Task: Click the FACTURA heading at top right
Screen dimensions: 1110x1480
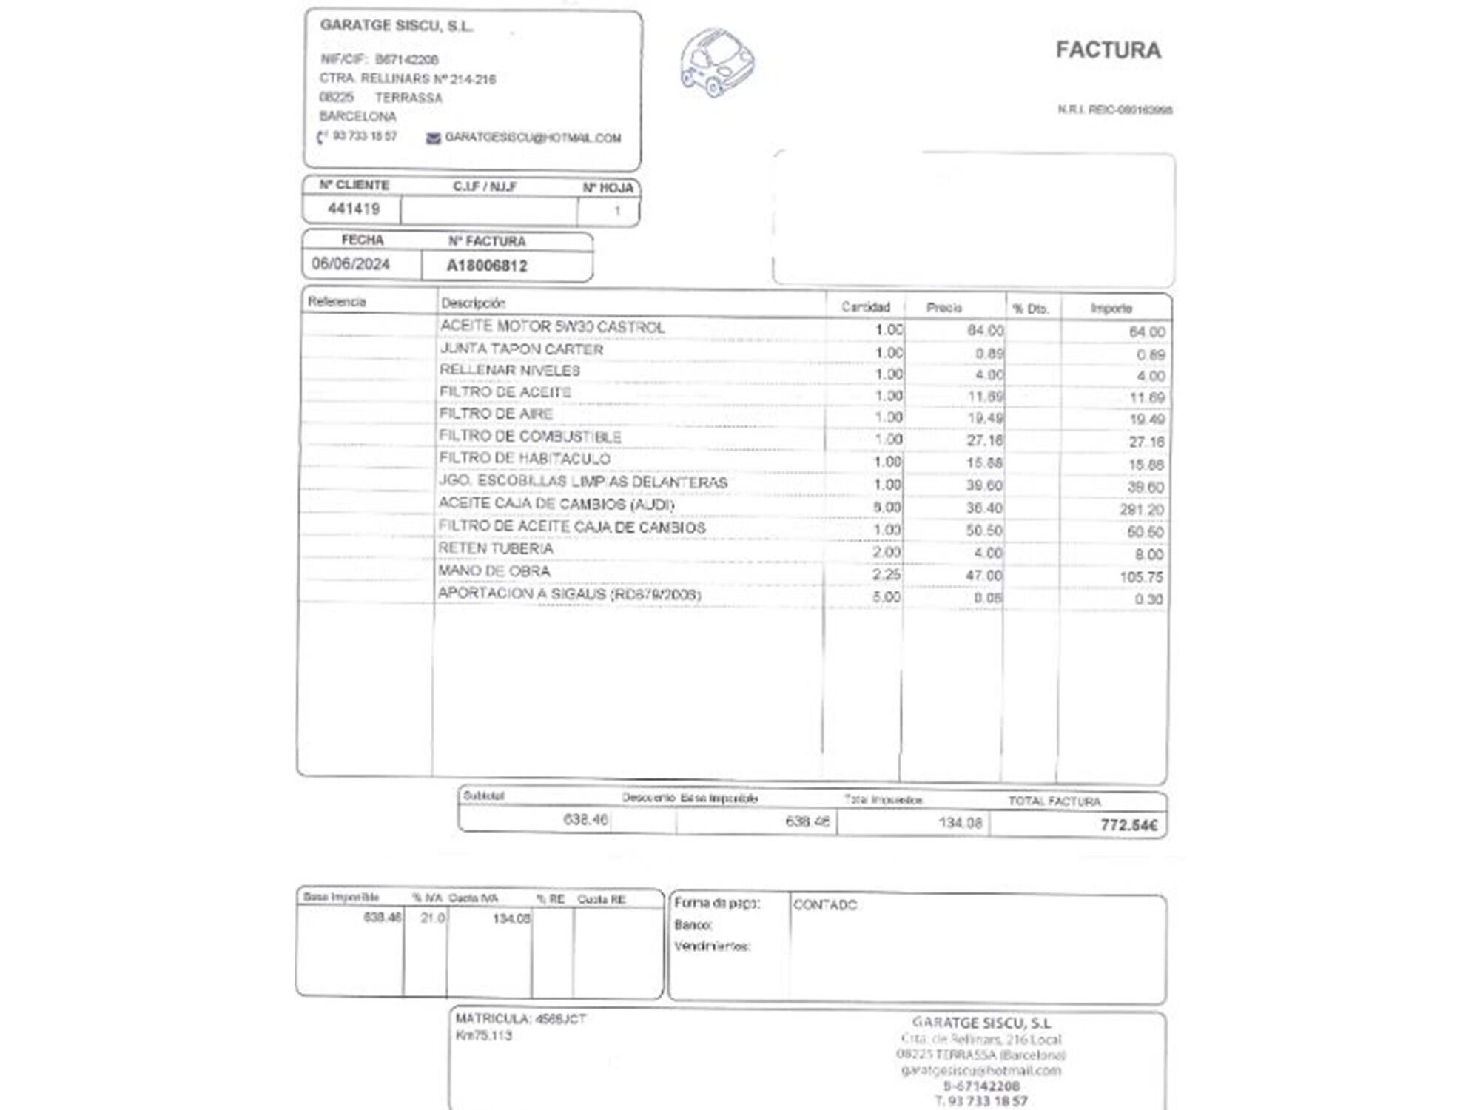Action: [x=1108, y=50]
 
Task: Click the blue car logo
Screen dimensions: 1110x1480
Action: [x=716, y=62]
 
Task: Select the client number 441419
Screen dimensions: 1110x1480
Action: [x=354, y=209]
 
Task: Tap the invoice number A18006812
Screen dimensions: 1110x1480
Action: [x=487, y=266]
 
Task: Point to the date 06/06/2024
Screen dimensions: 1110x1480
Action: [x=351, y=264]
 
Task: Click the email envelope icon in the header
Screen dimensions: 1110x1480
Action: [x=434, y=138]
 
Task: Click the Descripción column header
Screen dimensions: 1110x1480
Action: [x=473, y=303]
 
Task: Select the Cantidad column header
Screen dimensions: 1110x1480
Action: [x=865, y=306]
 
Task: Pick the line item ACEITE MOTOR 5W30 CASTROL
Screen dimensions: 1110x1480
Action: [x=552, y=326]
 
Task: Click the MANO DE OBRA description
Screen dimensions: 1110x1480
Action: [x=494, y=571]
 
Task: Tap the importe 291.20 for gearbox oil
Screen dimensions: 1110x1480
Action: [x=1142, y=510]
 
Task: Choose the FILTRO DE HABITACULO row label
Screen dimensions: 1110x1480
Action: [x=525, y=459]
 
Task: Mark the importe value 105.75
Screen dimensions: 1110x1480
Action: [x=1142, y=577]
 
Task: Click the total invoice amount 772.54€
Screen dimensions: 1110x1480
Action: [x=1128, y=825]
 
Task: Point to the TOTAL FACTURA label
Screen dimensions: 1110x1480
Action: [x=1054, y=801]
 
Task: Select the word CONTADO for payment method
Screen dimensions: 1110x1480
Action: [x=825, y=905]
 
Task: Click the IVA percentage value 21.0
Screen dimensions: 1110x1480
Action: [x=433, y=918]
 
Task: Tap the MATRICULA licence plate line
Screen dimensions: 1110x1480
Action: [x=521, y=1019]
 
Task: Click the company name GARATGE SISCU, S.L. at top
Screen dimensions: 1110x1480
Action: [x=397, y=26]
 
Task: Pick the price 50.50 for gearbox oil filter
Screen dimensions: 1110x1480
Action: [x=983, y=531]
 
